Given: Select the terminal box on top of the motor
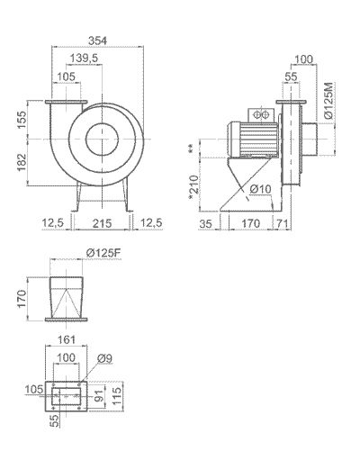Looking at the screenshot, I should (x=260, y=115).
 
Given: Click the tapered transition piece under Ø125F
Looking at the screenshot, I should (x=66, y=295).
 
